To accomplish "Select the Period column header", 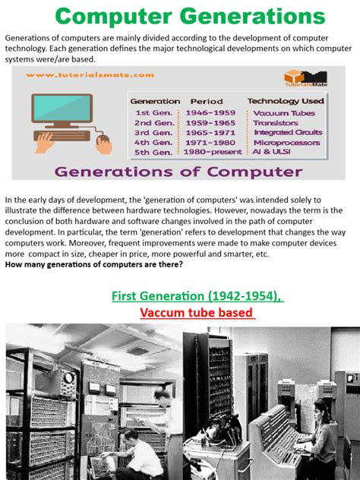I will tap(206, 101).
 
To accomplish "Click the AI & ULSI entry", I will tap(272, 150).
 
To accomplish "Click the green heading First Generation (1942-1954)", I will tap(197, 296).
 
